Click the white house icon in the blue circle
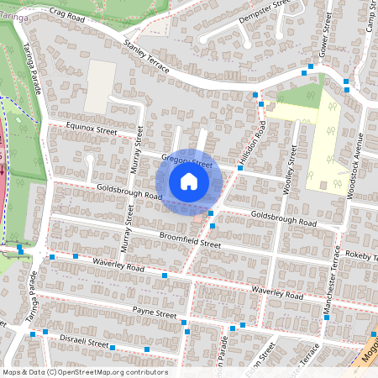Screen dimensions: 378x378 coord(189,181)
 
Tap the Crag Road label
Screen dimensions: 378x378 coord(68,13)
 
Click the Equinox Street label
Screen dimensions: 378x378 coord(81,131)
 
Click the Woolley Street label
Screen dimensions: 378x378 coord(289,170)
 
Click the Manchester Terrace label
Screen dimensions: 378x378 coord(331,289)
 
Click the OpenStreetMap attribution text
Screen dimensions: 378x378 coord(85,372)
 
